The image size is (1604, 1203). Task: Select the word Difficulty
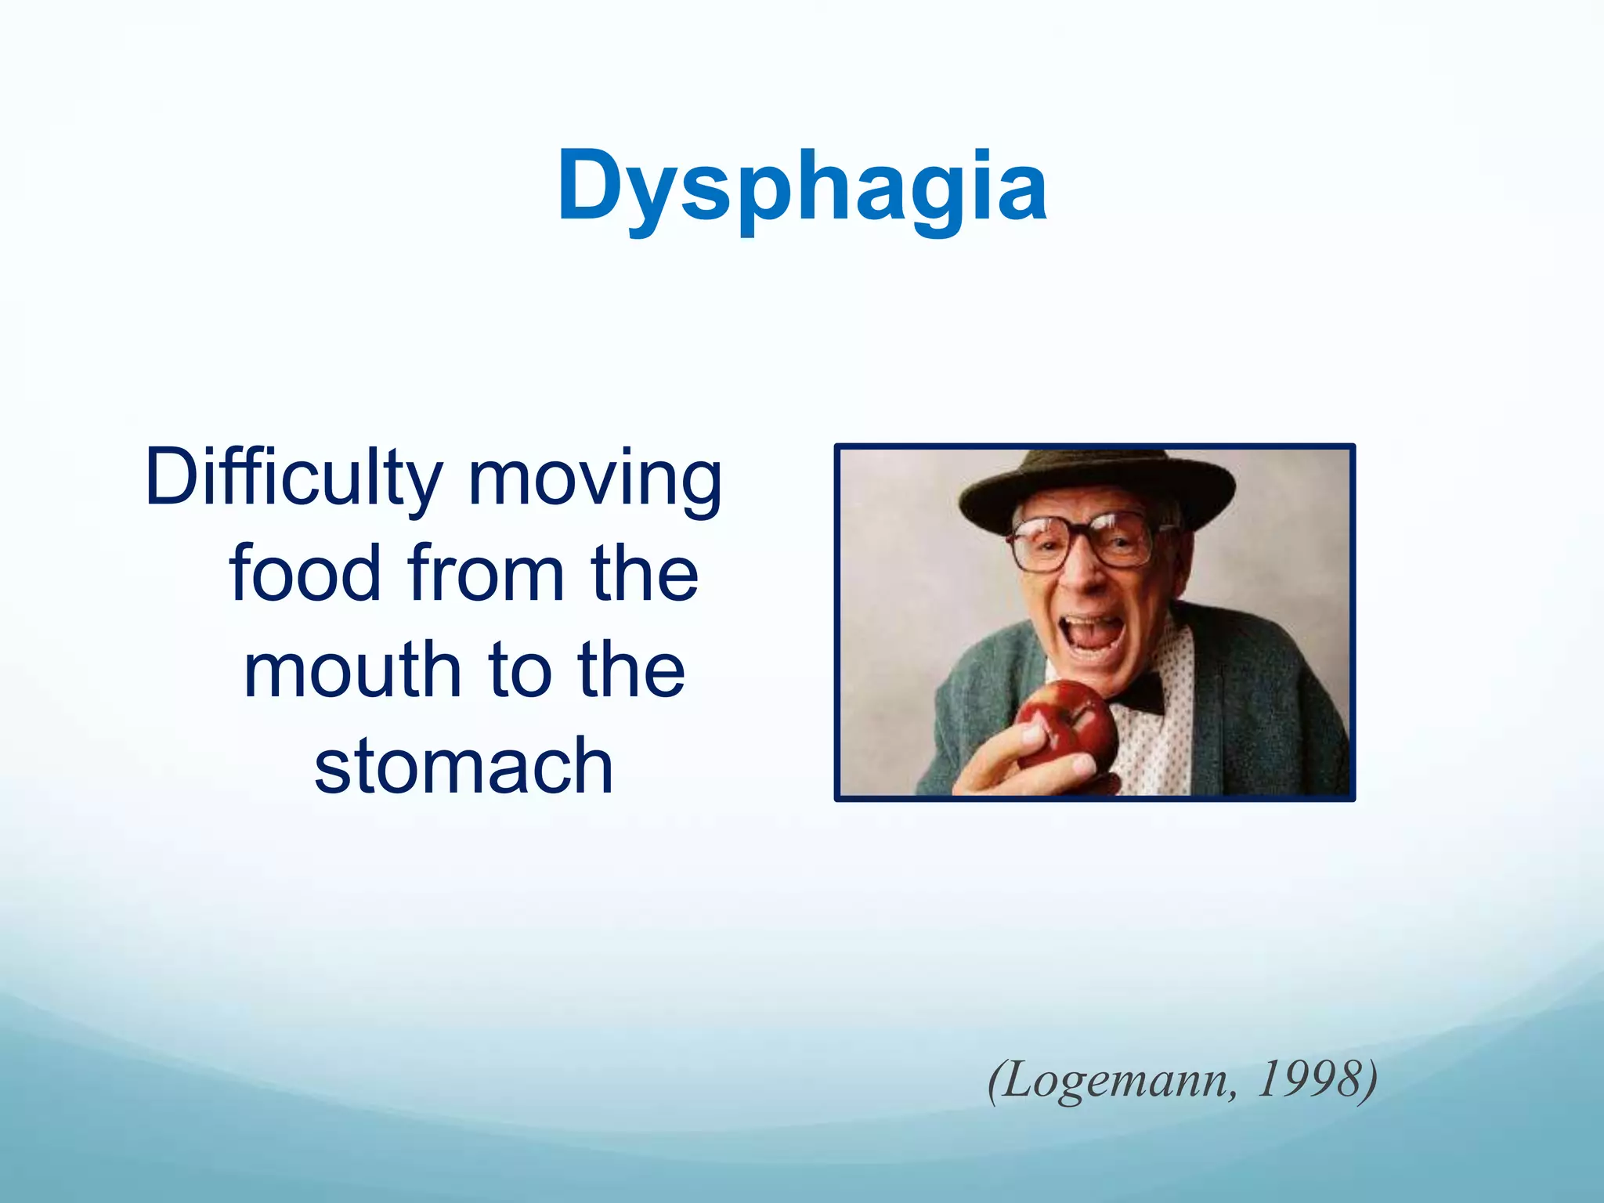coord(294,478)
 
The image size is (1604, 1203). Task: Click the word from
coord(485,573)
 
